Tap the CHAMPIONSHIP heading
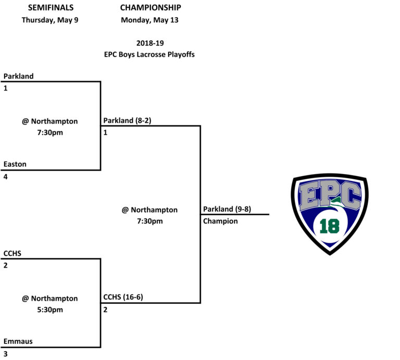(151, 8)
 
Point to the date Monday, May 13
(151, 20)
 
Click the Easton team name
(15, 164)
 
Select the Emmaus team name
(17, 341)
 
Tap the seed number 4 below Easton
(6, 177)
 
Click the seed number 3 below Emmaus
(6, 354)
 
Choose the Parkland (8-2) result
(127, 120)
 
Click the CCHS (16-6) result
(123, 297)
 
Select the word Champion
(220, 221)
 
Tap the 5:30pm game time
(49, 310)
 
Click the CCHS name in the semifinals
(12, 253)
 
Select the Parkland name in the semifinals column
(18, 76)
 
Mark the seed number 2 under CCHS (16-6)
(106, 310)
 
